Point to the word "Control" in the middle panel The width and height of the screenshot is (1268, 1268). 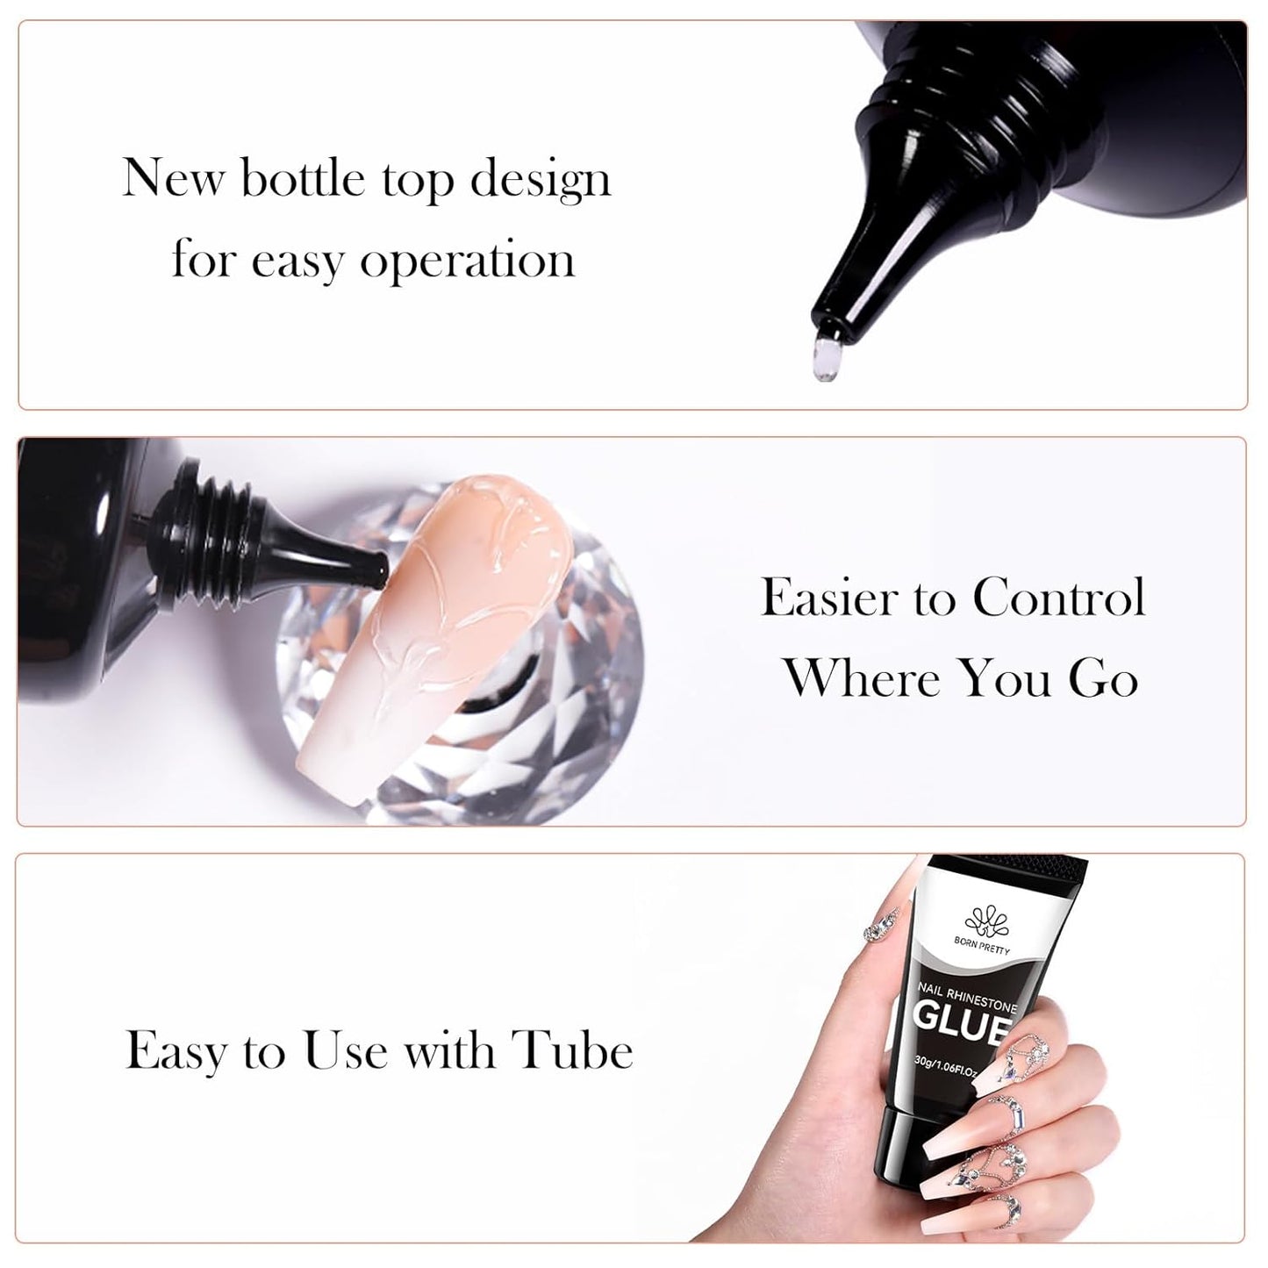pyautogui.click(x=1058, y=598)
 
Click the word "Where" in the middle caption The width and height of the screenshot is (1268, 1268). pyautogui.click(x=861, y=678)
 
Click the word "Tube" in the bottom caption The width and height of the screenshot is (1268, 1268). pyautogui.click(x=572, y=1050)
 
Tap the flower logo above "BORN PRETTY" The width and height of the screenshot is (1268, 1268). pyautogui.click(x=983, y=923)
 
